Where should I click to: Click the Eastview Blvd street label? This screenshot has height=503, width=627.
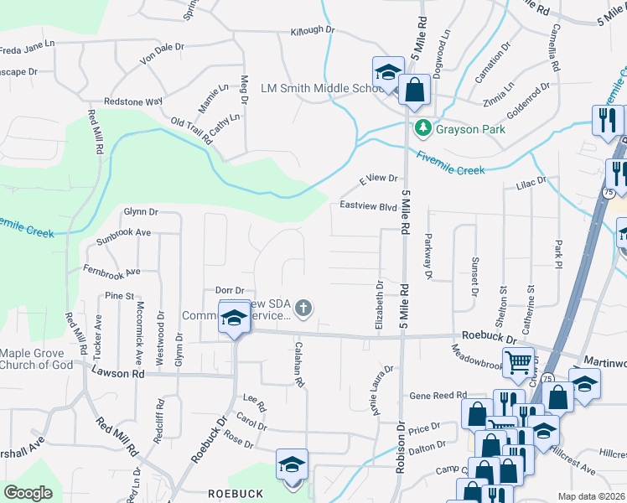point(367,205)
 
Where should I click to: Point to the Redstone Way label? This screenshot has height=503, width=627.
point(132,101)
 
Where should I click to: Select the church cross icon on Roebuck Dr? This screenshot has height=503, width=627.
point(303,310)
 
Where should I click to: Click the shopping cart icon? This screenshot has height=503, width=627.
point(519,363)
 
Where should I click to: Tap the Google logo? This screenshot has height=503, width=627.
point(28,492)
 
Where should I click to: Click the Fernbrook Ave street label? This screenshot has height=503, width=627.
point(111,271)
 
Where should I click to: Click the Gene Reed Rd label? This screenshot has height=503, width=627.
point(437,395)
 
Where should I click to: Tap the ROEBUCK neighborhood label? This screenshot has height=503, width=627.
point(235,494)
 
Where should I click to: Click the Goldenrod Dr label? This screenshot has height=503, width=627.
point(528,92)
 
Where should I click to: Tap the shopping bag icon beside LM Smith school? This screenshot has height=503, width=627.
point(414,88)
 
